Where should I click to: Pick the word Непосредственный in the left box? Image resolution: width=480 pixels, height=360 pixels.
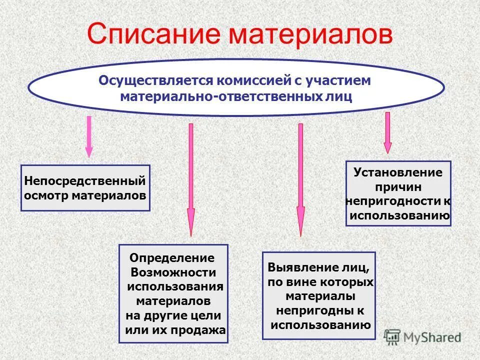85,180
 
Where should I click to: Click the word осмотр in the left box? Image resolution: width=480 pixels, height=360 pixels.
46,194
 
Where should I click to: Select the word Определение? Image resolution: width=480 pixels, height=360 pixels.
171,258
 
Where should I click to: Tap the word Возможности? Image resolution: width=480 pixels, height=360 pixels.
173,272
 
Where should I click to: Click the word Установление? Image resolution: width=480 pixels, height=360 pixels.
398,172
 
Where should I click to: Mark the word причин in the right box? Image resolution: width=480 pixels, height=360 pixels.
398,187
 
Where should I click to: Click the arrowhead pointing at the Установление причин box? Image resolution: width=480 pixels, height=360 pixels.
387,147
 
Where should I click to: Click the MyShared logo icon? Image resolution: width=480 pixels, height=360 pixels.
392,337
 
